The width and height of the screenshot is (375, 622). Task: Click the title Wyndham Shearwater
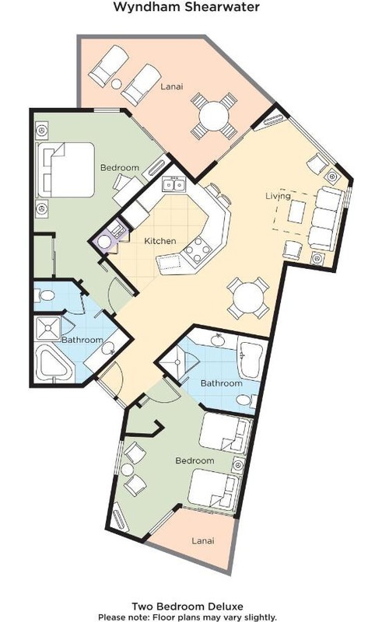pos(187,7)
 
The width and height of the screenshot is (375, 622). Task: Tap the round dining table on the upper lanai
pos(214,116)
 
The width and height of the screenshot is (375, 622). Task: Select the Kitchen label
pos(160,241)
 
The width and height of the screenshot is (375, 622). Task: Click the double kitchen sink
pos(174,185)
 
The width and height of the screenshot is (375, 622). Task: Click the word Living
pos(278,196)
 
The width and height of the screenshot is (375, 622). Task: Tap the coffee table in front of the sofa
pos(297,211)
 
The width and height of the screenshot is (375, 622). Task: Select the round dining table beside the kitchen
pos(248,298)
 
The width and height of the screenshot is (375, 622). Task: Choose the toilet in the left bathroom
pos(45,295)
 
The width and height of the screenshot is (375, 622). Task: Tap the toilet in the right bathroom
pos(247,400)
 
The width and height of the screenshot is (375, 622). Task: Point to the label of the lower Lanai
pos(203,540)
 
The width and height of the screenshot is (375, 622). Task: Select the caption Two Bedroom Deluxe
pos(187,606)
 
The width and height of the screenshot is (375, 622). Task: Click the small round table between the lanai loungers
pos(117,84)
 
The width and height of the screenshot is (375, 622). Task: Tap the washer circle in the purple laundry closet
pos(104,242)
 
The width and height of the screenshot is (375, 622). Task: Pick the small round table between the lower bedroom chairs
pos(128,470)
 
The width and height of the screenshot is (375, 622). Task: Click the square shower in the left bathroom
pos(47,327)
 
